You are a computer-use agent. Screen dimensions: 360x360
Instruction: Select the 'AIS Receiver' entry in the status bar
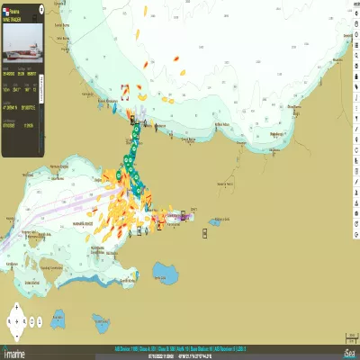229,347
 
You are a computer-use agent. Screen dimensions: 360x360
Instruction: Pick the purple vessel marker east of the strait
186,216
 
